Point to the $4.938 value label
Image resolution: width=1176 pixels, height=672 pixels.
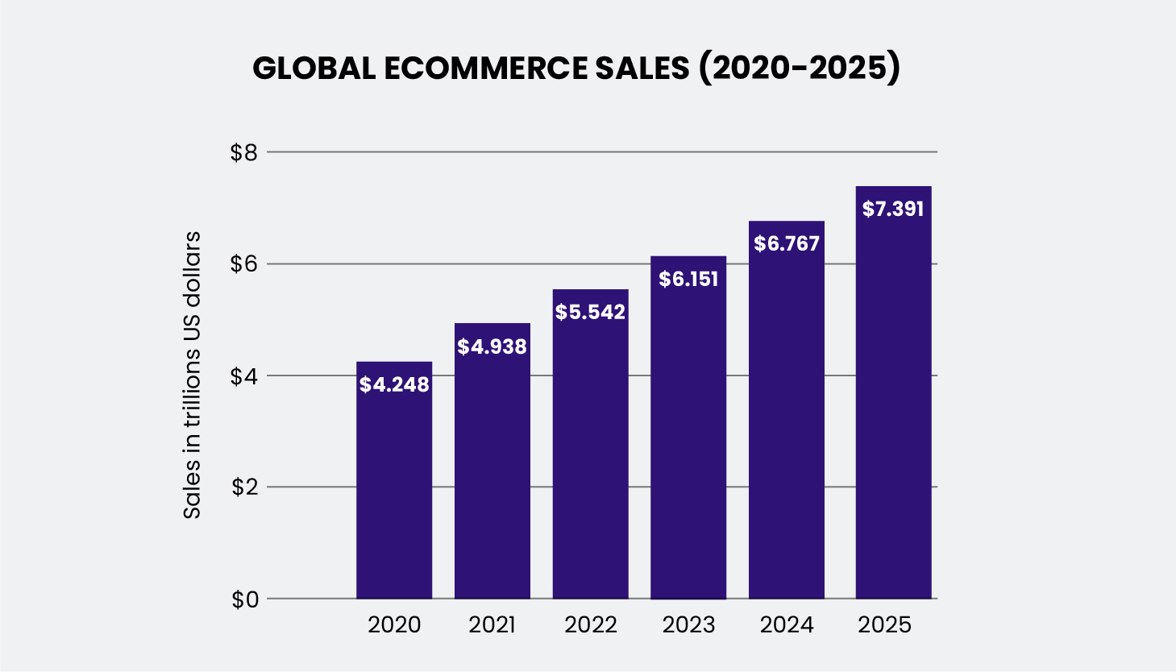point(492,347)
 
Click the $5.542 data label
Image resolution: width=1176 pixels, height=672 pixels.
point(590,313)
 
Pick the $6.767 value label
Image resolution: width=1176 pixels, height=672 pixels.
point(787,243)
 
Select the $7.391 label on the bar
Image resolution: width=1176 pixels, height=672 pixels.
point(893,209)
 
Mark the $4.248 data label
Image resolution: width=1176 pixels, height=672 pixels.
point(394,385)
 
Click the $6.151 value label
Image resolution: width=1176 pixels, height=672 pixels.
point(688,279)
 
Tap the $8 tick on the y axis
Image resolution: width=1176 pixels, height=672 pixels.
point(243,152)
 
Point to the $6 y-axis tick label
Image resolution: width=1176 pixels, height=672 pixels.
point(243,264)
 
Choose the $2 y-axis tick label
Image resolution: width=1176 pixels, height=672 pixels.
point(243,487)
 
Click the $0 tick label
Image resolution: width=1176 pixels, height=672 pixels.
point(243,599)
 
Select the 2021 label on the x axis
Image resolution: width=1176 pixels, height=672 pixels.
point(492,625)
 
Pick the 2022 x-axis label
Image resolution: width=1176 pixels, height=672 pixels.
point(590,625)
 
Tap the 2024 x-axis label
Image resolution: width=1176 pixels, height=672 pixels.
point(787,625)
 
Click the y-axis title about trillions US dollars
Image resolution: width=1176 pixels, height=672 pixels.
point(192,375)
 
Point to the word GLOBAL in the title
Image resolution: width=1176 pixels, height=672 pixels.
point(314,69)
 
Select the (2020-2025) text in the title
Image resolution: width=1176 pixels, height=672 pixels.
point(799,69)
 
